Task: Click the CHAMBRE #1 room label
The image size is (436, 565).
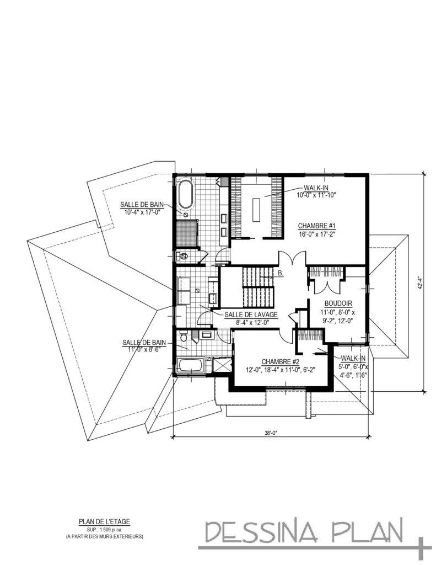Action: click(316, 226)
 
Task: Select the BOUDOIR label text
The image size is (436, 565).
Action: click(338, 303)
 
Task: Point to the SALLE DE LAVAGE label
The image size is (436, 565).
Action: click(251, 315)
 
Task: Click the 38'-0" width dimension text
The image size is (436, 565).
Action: click(271, 434)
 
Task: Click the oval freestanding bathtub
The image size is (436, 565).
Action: click(186, 195)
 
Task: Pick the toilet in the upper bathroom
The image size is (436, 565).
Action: click(182, 257)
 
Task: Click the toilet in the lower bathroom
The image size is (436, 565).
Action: click(183, 336)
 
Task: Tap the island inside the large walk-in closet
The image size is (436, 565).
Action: click(256, 210)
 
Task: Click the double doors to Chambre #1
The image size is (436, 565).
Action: click(292, 257)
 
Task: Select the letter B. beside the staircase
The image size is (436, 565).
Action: click(281, 274)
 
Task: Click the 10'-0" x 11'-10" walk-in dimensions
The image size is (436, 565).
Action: click(316, 195)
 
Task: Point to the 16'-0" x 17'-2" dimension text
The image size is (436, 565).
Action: click(316, 233)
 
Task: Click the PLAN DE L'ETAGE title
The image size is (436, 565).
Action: click(104, 521)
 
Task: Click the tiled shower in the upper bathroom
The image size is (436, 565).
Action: click(186, 233)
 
